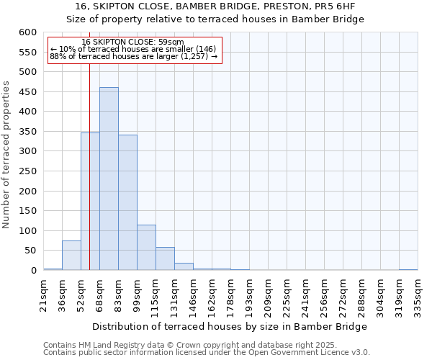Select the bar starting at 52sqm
point(90,202)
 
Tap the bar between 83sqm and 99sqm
point(127,202)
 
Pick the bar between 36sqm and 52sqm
point(71,256)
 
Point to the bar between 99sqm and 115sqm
point(146,248)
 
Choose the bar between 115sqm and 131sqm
point(165,259)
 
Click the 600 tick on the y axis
point(27,32)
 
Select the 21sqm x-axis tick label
point(44,293)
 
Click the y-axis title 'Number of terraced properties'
point(7,155)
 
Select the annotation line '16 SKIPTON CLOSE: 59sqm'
point(133,42)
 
